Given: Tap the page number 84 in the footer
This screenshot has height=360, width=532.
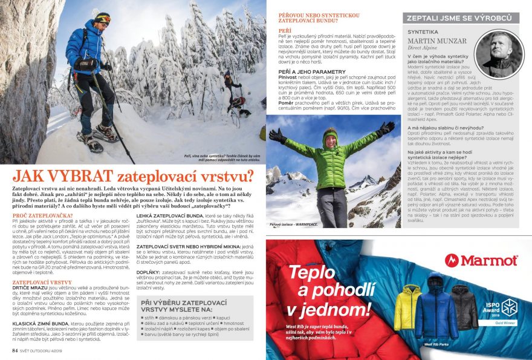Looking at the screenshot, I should pyautogui.click(x=15, y=350).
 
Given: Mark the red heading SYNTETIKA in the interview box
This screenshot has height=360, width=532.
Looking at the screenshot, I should pyautogui.click(x=424, y=30).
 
